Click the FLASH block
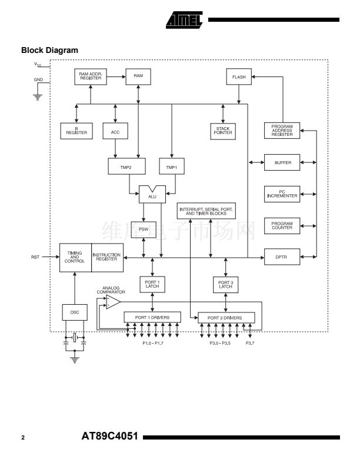pos(239,76)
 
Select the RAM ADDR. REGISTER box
pos(91,76)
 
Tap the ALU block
pos(152,195)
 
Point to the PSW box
pos(144,229)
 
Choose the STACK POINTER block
pos(223,131)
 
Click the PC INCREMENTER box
pos(282,194)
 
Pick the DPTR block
pos(282,257)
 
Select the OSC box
pos(75,312)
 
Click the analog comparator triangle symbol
pos(113,302)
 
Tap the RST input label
pos(35,257)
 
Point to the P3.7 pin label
pos(250,343)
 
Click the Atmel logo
pos(185,20)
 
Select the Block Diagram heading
pos(49,50)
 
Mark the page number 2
pos(23,438)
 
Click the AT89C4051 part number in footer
pos(109,436)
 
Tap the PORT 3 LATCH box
pos(226,285)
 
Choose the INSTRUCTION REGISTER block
pos(107,258)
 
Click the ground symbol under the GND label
pos(38,97)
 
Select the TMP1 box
pos(172,166)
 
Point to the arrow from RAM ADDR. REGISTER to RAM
pos(116,76)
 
